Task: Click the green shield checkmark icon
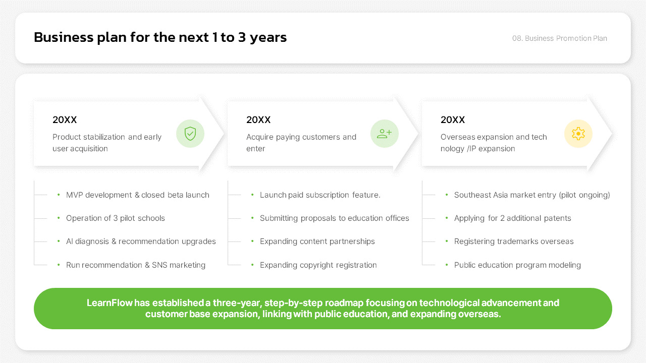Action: (190, 134)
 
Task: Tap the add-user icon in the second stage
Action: (385, 134)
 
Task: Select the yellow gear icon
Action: (578, 134)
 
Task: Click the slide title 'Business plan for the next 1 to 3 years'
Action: (160, 37)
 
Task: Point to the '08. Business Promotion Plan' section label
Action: (560, 38)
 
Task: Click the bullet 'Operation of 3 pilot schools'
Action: (116, 218)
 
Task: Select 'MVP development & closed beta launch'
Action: (138, 195)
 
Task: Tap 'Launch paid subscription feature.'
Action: (320, 195)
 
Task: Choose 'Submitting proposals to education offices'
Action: (335, 218)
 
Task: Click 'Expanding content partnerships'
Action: (317, 241)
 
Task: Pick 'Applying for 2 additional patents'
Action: (512, 218)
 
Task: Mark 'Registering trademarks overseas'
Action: (514, 241)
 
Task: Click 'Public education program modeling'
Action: (517, 265)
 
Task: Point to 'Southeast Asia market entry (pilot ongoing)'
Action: (532, 195)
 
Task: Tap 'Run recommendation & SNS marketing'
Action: (136, 265)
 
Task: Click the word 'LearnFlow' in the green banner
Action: (110, 303)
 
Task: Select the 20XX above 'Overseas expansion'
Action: (453, 120)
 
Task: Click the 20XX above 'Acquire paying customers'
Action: (258, 120)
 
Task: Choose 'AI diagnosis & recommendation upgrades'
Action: (141, 241)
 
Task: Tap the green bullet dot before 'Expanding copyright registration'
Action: (252, 265)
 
